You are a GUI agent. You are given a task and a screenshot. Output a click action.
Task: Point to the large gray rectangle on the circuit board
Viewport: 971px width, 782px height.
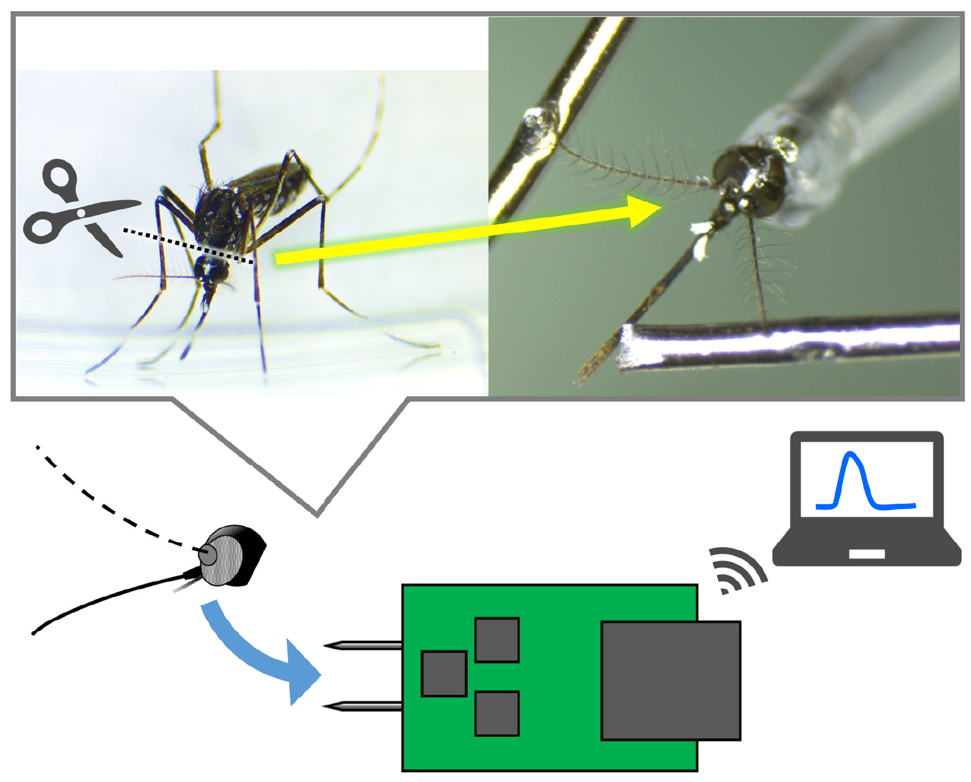coord(671,680)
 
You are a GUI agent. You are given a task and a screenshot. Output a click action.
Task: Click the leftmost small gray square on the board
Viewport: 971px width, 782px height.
coord(444,673)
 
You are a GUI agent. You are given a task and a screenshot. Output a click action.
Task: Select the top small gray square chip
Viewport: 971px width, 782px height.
coord(497,639)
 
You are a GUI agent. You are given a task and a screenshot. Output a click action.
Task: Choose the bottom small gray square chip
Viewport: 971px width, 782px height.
coord(497,713)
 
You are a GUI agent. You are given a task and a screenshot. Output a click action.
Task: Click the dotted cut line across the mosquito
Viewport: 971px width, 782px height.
coord(188,245)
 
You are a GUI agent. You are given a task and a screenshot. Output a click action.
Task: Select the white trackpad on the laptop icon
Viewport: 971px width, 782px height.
coord(867,554)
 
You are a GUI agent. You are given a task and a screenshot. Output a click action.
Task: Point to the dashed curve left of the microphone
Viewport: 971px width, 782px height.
coord(106,505)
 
